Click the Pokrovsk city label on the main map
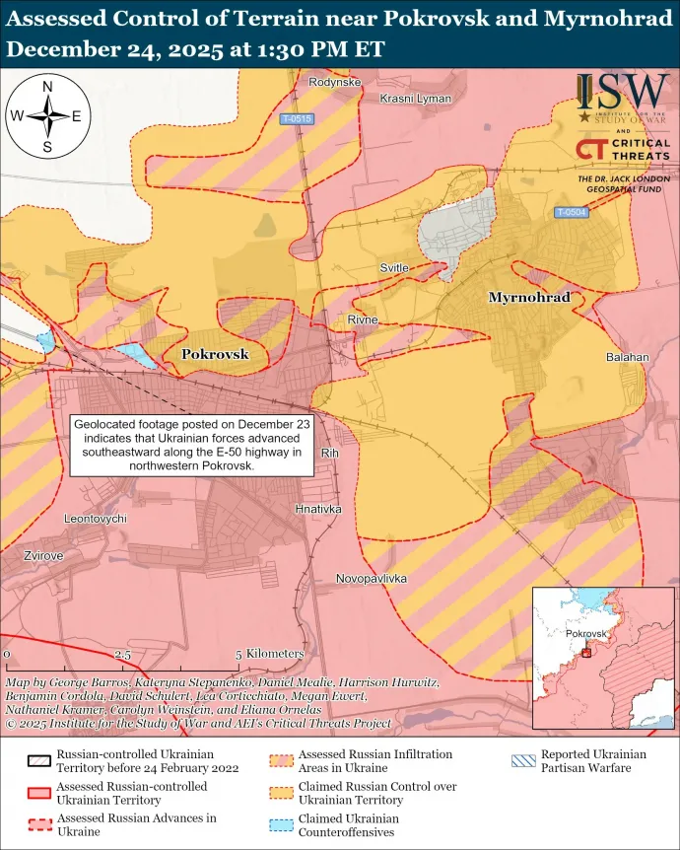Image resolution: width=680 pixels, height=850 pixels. [x=215, y=354]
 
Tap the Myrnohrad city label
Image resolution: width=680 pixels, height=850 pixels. [x=529, y=297]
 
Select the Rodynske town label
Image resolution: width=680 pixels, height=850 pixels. [x=334, y=82]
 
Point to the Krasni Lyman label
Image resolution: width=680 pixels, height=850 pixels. [x=415, y=99]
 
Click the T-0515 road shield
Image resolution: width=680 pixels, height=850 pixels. [x=296, y=119]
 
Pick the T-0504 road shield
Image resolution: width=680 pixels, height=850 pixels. [x=571, y=212]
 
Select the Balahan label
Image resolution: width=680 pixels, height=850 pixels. [x=627, y=356]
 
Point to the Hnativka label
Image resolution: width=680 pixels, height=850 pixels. [x=317, y=509]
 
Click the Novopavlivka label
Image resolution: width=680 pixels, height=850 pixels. [x=371, y=579]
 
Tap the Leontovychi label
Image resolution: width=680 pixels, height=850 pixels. [x=95, y=519]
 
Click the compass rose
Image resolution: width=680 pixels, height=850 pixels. [x=47, y=116]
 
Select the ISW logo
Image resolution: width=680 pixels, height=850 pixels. [x=623, y=96]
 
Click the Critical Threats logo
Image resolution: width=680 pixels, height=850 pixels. [x=623, y=150]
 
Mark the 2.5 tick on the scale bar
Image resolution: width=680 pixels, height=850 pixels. [x=123, y=654]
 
